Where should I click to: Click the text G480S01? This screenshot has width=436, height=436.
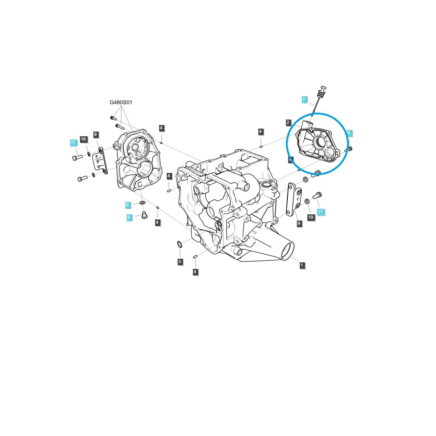[121, 102]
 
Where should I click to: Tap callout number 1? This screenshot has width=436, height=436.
[302, 265]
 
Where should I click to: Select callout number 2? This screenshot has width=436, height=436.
[288, 123]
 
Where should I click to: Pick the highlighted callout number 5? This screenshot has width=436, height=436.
[129, 217]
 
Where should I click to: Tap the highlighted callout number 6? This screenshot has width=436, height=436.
[128, 205]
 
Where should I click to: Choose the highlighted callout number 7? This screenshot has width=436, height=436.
[304, 99]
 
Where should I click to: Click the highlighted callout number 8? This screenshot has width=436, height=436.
[349, 133]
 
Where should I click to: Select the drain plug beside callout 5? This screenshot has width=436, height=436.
[144, 216]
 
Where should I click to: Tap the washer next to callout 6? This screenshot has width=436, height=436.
[142, 202]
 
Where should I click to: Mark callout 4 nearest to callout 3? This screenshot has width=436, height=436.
[195, 271]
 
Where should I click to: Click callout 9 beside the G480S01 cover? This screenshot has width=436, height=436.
[96, 135]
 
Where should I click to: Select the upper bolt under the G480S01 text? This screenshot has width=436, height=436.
[112, 118]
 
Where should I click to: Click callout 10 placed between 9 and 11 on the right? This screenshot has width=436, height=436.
[310, 217]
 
